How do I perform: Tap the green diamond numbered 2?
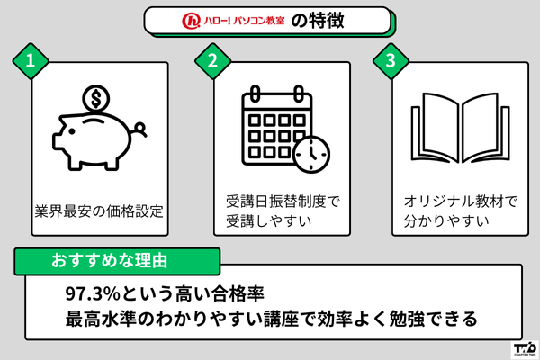[213, 62]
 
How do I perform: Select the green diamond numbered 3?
[390, 62]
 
